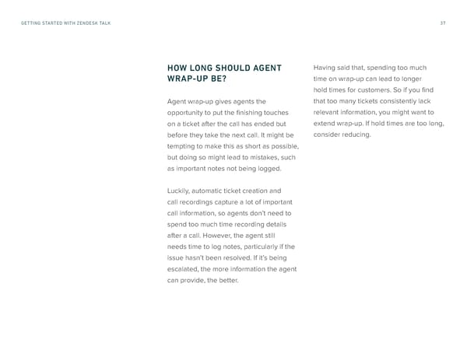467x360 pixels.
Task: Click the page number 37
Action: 441,23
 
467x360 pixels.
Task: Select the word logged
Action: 265,169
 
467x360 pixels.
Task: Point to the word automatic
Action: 220,190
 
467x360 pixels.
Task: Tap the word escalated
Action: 186,269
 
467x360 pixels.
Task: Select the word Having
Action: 326,67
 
